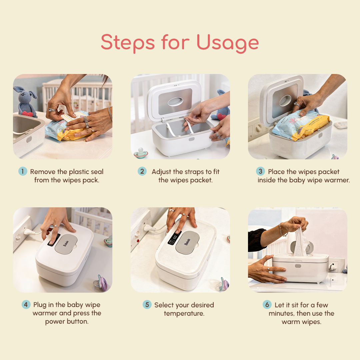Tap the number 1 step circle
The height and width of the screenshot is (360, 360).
tap(23, 171)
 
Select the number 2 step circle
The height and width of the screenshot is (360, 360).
tap(142, 171)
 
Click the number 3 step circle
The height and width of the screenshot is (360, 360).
tap(260, 171)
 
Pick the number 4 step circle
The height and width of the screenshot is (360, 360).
tap(26, 304)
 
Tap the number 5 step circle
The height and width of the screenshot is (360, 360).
tap(147, 304)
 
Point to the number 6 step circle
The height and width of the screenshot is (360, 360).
tap(267, 304)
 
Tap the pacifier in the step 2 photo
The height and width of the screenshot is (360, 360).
tap(140, 153)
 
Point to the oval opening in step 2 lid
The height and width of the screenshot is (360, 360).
tap(175, 101)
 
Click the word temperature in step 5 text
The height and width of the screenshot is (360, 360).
tap(184, 313)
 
